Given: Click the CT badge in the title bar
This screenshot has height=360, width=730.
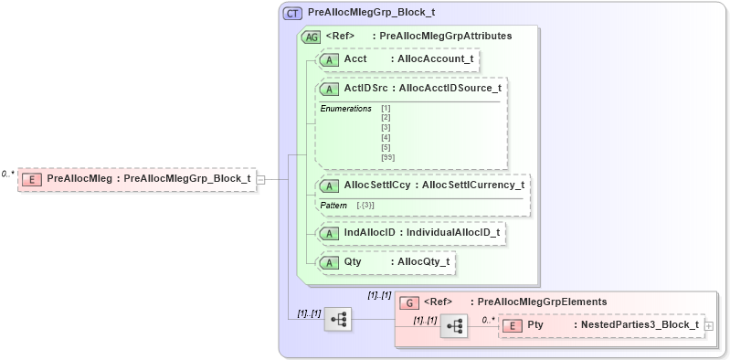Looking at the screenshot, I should coord(293,13).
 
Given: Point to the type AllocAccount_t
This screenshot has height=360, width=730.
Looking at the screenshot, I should coord(431,59).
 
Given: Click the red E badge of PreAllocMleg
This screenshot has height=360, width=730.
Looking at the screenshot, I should coord(32,178).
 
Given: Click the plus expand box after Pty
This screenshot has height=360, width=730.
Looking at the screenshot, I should coord(709,325).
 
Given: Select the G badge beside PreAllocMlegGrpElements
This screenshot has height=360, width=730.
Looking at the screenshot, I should coord(411,302).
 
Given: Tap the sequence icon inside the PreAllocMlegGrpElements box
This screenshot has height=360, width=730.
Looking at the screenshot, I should coord(454,325).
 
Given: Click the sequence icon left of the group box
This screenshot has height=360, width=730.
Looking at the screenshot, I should coord(339,319).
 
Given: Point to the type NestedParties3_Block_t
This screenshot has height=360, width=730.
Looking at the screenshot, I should coord(635,325).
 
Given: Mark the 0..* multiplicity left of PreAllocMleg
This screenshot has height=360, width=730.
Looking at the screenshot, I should coord(8,174).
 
